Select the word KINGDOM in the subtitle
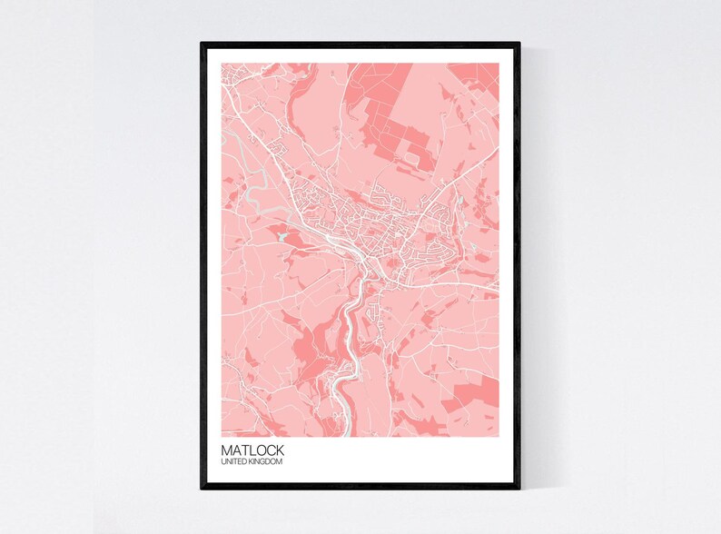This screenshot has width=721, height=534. click(x=267, y=463)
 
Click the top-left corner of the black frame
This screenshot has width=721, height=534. click(x=202, y=44)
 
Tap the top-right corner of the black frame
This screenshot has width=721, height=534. click(x=519, y=44)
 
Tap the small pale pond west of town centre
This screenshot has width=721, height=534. click(x=283, y=237)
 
